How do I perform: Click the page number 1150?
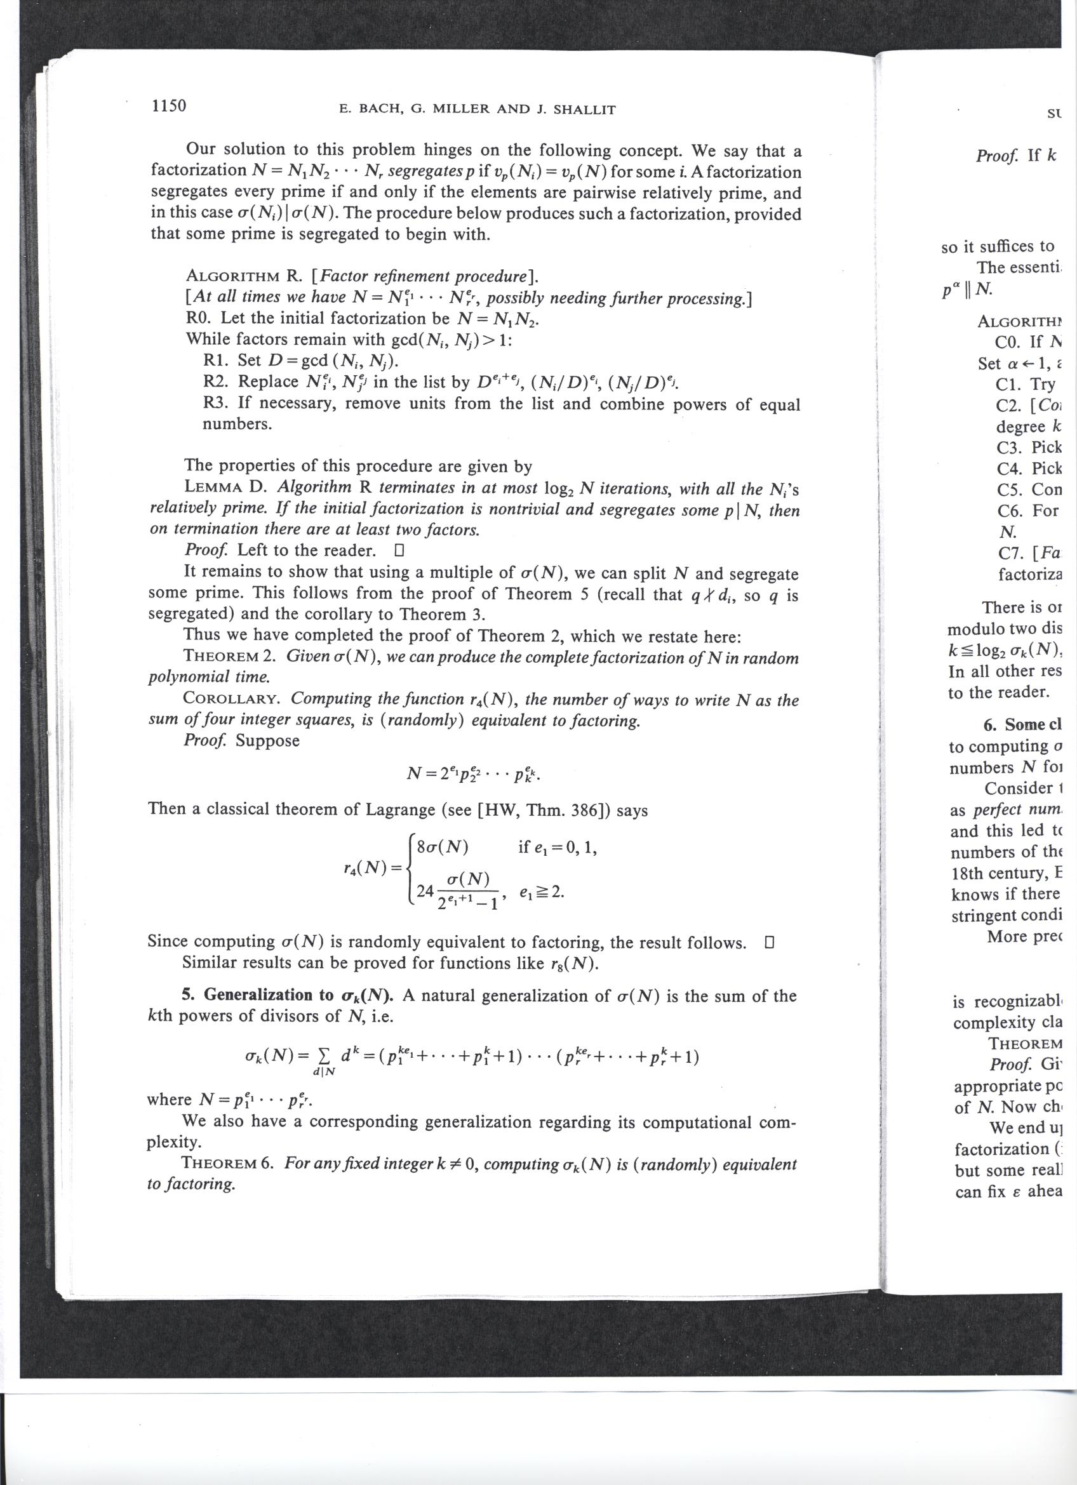[169, 105]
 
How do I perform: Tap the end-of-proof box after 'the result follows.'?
[769, 943]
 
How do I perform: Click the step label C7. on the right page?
[1012, 554]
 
